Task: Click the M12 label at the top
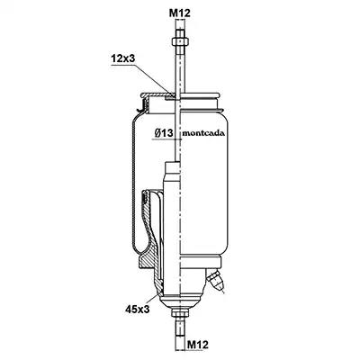click(x=180, y=13)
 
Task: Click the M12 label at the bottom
click(x=198, y=345)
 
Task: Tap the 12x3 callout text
click(x=123, y=58)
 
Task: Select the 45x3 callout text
click(x=138, y=309)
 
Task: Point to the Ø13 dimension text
click(x=164, y=133)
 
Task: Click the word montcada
click(x=203, y=133)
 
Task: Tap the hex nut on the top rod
click(x=180, y=41)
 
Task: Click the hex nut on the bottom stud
click(x=180, y=313)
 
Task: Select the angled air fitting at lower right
click(x=215, y=279)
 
